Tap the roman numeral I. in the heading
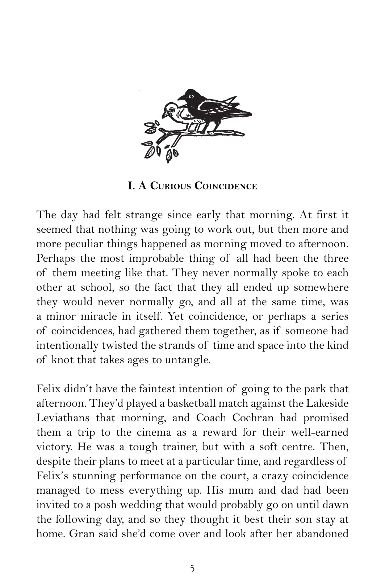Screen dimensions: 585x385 click(x=131, y=187)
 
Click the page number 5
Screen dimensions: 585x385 click(x=192, y=568)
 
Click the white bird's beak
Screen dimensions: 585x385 click(x=164, y=115)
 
